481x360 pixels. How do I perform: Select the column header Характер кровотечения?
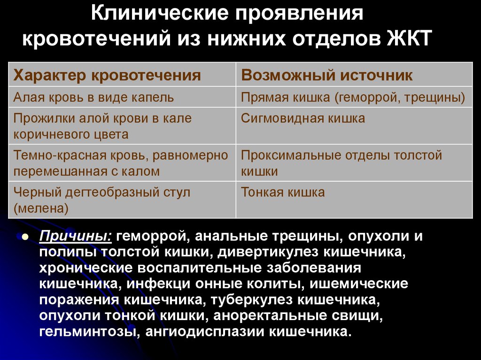click(x=107, y=75)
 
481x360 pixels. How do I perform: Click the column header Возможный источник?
click(x=327, y=75)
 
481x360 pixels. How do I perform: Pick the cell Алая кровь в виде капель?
click(x=94, y=98)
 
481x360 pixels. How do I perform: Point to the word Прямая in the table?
click(x=262, y=98)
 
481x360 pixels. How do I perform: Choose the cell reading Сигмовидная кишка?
click(x=303, y=118)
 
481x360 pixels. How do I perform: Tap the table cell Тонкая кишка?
click(x=283, y=192)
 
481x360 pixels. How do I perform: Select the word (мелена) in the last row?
click(x=41, y=209)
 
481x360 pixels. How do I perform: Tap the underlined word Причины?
click(x=76, y=236)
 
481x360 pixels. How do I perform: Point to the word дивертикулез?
click(x=271, y=252)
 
